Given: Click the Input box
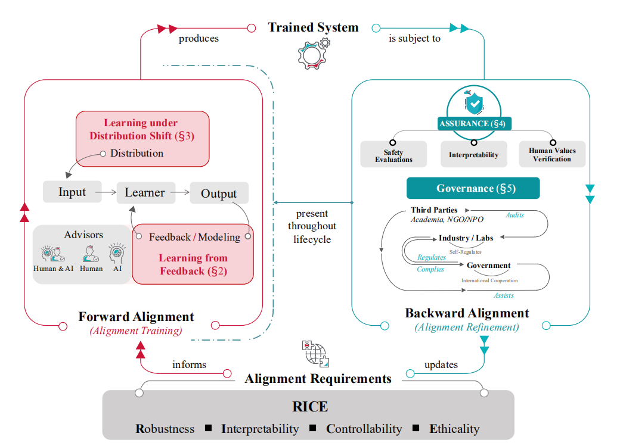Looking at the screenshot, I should (x=72, y=192).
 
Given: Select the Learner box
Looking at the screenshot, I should (x=145, y=192).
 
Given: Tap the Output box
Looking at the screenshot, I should (x=219, y=194).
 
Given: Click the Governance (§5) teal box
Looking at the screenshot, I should (x=473, y=188).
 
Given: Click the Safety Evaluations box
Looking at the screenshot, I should (x=393, y=154).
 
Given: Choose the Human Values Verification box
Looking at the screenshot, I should (x=552, y=154).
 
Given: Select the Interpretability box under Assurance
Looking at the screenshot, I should (x=473, y=154).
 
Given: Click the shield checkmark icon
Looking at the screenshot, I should (x=474, y=104).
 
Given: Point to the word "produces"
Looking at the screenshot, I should (x=199, y=39).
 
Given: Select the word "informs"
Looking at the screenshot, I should (x=189, y=364).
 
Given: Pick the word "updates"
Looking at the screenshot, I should (x=441, y=364).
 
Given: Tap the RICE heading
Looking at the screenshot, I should (x=310, y=407).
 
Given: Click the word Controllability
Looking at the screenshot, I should (x=364, y=429).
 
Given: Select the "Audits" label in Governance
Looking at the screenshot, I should (x=514, y=215).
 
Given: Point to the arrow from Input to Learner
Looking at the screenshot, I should (x=106, y=192).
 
